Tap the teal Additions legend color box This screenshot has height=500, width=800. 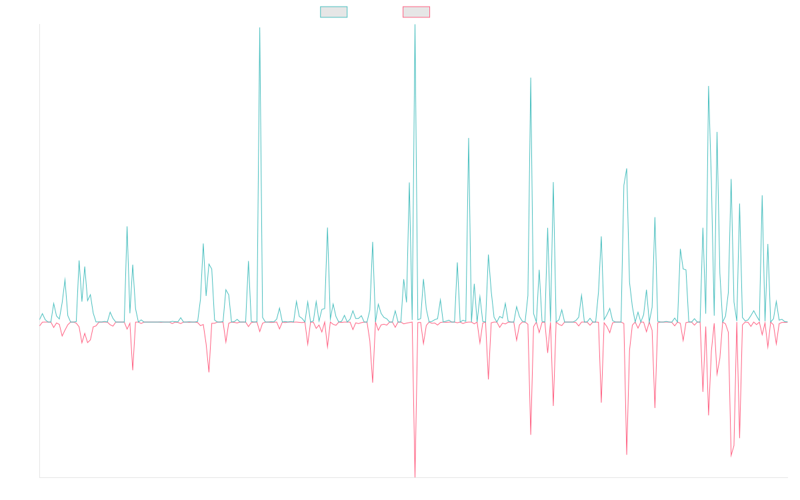point(334,12)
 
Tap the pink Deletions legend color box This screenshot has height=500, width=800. point(417,12)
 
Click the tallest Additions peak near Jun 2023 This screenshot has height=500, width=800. point(415,25)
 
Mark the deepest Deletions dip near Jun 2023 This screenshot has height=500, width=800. point(415,476)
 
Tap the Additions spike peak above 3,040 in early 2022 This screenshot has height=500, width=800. point(259,29)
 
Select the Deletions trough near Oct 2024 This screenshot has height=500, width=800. point(627,455)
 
